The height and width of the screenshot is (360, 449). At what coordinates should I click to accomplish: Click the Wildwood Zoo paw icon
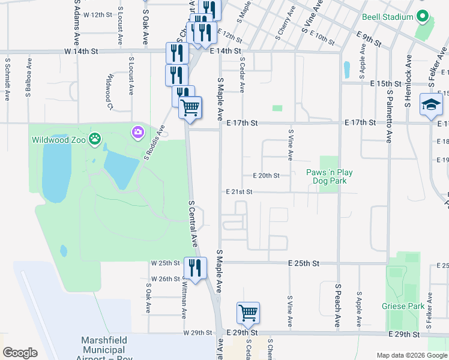(95, 140)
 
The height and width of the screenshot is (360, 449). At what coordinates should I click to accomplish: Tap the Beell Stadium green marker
(423, 17)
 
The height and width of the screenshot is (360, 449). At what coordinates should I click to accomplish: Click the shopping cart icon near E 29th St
(248, 313)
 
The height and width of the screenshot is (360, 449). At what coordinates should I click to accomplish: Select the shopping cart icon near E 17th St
(190, 108)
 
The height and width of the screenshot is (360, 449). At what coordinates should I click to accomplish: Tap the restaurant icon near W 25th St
(194, 268)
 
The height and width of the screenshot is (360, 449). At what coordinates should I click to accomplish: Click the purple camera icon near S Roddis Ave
(138, 131)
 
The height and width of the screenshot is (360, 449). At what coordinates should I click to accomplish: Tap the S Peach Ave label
(338, 306)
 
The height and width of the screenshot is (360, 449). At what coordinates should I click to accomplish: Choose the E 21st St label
(240, 192)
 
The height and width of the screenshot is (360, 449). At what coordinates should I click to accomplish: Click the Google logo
(20, 353)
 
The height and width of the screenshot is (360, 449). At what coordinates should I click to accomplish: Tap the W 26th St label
(166, 278)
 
